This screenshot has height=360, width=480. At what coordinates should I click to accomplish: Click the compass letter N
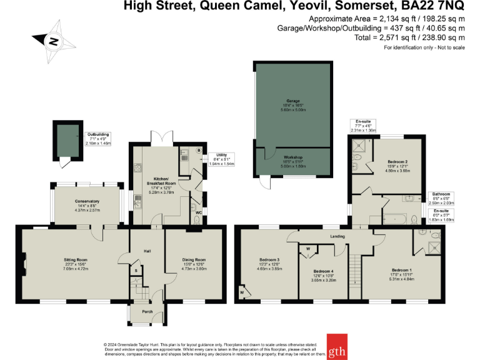(x=54, y=42)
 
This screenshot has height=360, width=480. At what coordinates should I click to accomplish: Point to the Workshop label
(x=292, y=157)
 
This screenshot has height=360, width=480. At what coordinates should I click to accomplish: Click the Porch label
(x=147, y=311)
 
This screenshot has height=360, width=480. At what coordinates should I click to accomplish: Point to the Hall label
(x=147, y=251)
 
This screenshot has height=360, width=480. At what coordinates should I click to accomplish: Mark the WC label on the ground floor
(x=199, y=212)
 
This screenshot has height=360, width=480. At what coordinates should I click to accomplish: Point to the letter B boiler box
(x=198, y=150)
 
